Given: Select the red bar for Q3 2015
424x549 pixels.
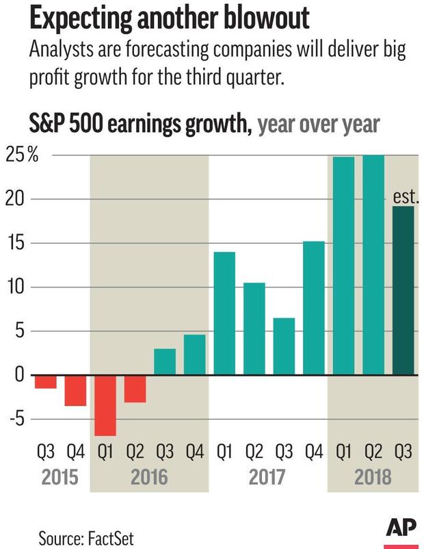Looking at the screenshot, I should [46, 381].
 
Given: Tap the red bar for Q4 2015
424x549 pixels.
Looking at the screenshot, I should [75, 390].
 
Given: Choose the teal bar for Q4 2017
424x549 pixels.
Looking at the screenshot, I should [313, 308].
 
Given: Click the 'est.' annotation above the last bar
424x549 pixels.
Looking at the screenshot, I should [406, 198].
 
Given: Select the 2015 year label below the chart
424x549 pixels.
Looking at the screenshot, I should [61, 477].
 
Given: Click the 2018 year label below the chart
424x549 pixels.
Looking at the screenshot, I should [373, 477].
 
